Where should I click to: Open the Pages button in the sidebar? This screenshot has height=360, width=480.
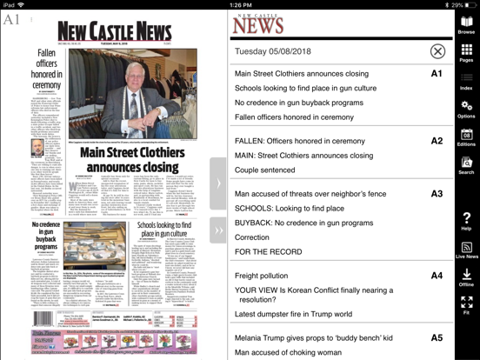coord(467,54)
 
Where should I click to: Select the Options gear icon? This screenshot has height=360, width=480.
coord(467,110)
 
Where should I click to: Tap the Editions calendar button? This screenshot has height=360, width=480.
coord(467,137)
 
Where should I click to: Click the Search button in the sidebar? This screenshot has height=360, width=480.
coord(467,165)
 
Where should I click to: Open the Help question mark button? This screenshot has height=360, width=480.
coord(467,221)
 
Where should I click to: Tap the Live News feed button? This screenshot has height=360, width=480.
coord(467,250)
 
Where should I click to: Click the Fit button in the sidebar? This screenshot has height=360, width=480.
coord(467,305)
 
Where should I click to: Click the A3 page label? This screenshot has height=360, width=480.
coord(437,194)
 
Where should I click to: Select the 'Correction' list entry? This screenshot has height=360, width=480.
coord(252,237)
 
